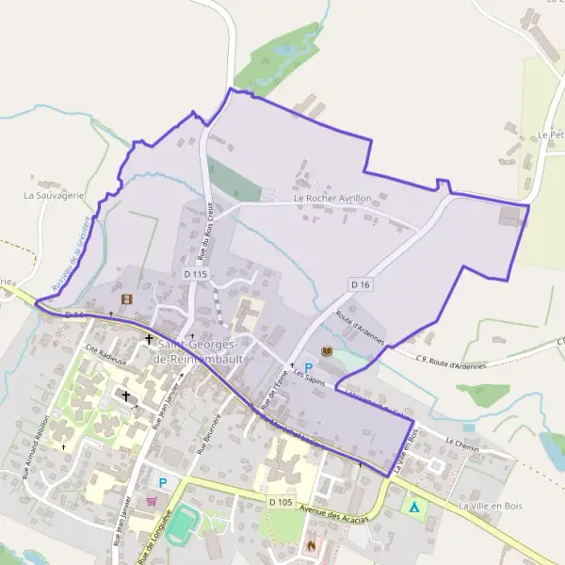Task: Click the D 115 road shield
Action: [x=195, y=274]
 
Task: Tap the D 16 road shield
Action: [x=358, y=283]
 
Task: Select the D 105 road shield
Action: [x=280, y=503]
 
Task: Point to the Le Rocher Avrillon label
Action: [x=331, y=199]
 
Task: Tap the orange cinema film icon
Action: [x=126, y=299]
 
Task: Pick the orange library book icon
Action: [x=328, y=351]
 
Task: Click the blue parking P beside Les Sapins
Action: [x=308, y=368]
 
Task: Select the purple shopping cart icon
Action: [x=152, y=501]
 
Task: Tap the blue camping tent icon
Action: [x=412, y=506]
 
